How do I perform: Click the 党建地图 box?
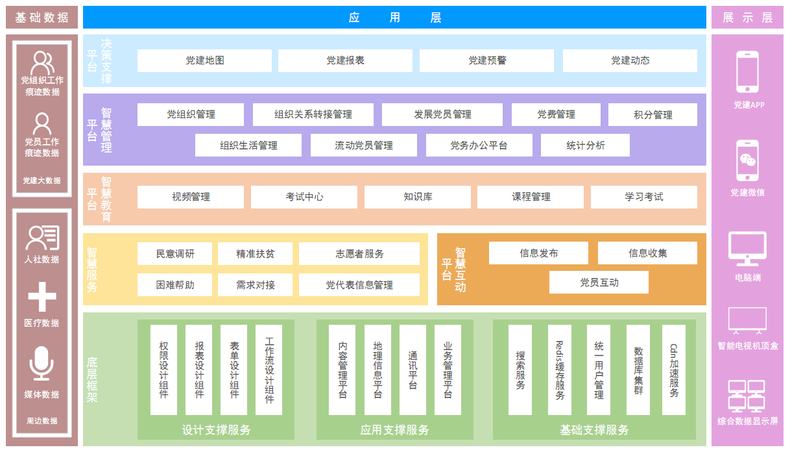click(x=204, y=60)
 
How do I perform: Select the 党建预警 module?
click(x=486, y=60)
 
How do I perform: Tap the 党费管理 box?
click(x=556, y=114)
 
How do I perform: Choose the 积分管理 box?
click(x=652, y=115)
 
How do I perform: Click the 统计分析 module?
click(x=585, y=145)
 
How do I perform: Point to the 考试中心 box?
click(x=304, y=197)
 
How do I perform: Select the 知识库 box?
click(x=417, y=197)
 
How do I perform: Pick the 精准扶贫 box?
click(x=255, y=254)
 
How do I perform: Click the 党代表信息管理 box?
click(x=359, y=284)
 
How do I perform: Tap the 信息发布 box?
click(x=538, y=253)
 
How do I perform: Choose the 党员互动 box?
click(x=599, y=283)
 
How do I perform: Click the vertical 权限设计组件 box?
click(x=163, y=370)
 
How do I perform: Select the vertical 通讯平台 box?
click(x=413, y=370)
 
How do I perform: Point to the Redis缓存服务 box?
click(x=559, y=370)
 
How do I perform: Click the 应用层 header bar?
click(x=394, y=18)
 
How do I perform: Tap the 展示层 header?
click(x=747, y=18)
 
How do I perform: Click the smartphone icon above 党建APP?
click(x=747, y=72)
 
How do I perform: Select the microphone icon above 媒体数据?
click(x=42, y=363)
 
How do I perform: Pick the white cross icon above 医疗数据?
click(x=42, y=297)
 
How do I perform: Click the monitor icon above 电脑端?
click(x=747, y=249)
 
